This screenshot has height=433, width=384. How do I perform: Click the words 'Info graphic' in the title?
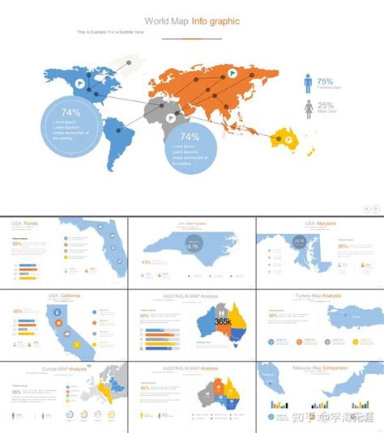215,21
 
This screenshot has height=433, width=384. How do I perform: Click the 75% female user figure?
325,82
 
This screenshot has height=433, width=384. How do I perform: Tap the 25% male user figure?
325,106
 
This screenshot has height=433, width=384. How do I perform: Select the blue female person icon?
309,83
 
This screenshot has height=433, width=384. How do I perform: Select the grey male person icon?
309,108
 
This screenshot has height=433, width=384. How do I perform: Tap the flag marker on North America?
79,83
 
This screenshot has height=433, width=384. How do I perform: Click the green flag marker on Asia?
232,73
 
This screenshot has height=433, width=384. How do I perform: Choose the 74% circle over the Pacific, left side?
70,124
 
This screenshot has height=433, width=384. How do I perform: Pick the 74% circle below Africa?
190,146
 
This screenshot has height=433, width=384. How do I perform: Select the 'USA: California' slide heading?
64,296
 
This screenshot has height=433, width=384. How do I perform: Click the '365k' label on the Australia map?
223,321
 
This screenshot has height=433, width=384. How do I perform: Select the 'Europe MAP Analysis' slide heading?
64,368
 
